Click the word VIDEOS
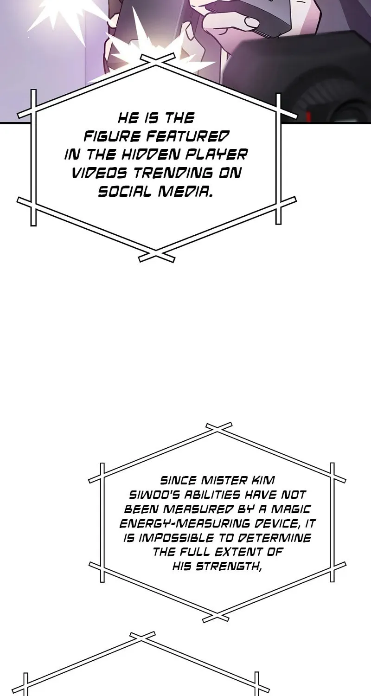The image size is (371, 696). click(99, 173)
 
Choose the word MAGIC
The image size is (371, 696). click(291, 509)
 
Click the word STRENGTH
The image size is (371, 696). click(229, 567)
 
